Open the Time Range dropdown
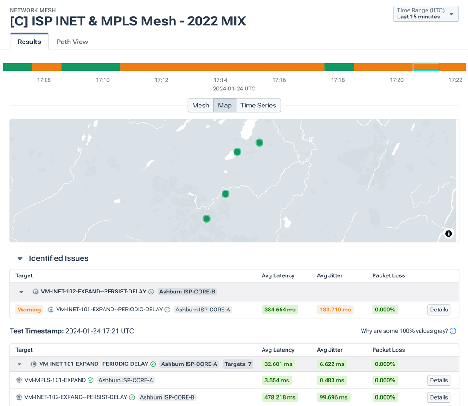coord(426,14)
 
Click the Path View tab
coord(72,42)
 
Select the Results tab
coord(29,42)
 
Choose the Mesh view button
coord(200,105)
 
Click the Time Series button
coord(258,105)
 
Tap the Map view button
coord(225,105)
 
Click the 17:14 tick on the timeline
coord(220,80)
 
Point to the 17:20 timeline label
coord(396,80)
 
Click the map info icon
coord(448,233)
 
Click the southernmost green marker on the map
coord(206,219)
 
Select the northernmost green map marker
coord(259,143)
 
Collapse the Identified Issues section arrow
coord(20,258)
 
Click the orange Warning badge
coord(29,310)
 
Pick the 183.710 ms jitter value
coord(335,310)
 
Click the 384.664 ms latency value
coord(280,310)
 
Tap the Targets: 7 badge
coord(238,364)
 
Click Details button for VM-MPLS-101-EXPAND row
coord(438,380)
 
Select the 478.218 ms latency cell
coord(280,397)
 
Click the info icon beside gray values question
coord(453,331)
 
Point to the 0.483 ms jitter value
coord(332,380)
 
